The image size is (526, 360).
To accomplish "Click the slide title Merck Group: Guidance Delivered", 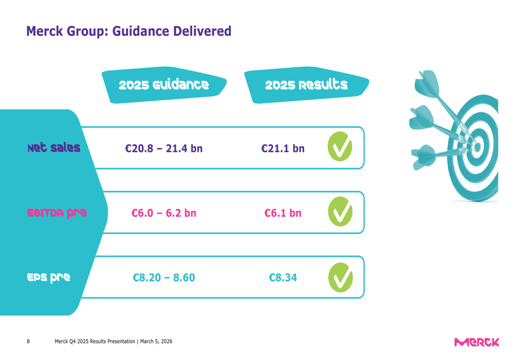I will click(x=128, y=32).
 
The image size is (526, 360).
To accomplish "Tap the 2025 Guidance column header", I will click(x=164, y=85).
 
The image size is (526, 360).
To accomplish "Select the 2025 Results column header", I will click(x=306, y=85).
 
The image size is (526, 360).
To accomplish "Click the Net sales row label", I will click(x=54, y=148).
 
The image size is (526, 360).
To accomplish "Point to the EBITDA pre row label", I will click(x=57, y=213).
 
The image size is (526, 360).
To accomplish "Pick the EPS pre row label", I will click(x=49, y=277).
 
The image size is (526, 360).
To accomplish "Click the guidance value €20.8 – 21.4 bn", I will click(x=164, y=149).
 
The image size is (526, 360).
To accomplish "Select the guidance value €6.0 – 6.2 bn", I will click(x=164, y=213).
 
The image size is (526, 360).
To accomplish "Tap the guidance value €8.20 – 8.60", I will click(x=164, y=277).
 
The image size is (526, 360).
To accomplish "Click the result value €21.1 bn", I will click(x=282, y=149).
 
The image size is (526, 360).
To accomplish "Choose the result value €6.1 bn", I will click(x=282, y=213).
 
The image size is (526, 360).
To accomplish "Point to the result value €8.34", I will click(x=282, y=277).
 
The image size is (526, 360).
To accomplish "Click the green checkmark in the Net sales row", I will click(x=340, y=147).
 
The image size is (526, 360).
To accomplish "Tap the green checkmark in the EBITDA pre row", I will click(x=340, y=212).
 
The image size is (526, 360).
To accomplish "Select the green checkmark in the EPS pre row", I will click(x=340, y=277).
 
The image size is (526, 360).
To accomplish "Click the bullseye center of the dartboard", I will click(x=478, y=147).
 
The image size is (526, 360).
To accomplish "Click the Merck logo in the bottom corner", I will click(x=479, y=342).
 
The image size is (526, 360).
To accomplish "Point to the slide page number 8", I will click(x=28, y=342).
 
